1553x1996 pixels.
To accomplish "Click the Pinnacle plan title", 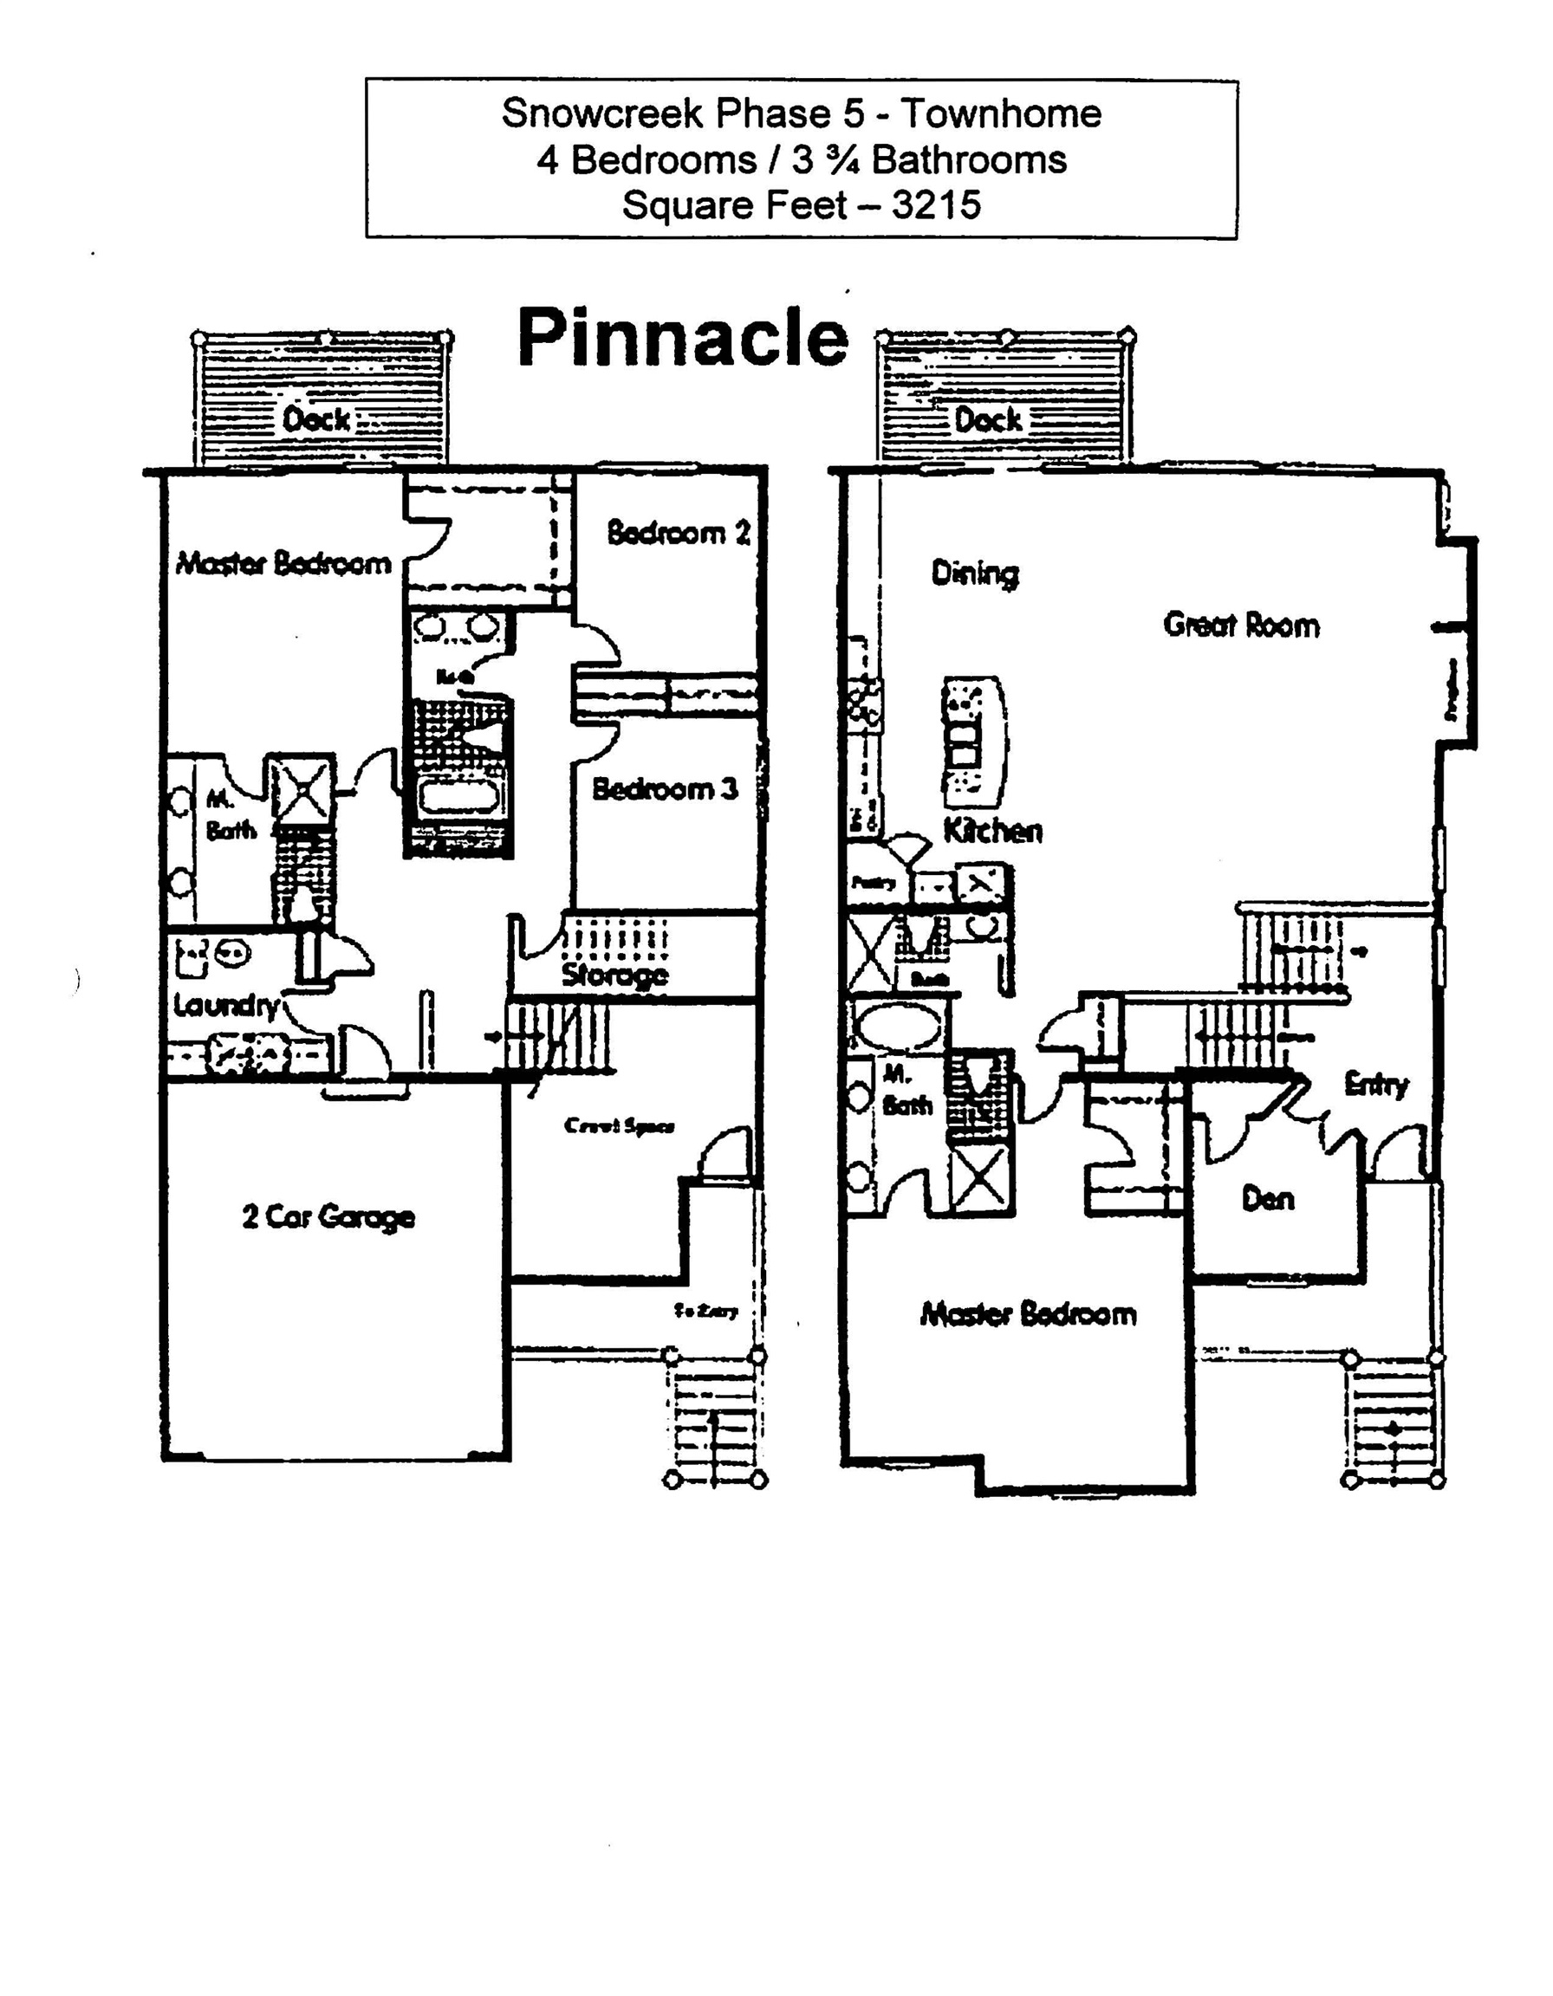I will click(x=683, y=337).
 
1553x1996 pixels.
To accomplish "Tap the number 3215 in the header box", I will click(x=936, y=204).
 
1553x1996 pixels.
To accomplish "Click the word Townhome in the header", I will click(x=1001, y=113).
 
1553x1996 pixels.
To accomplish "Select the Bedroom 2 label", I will click(x=679, y=532).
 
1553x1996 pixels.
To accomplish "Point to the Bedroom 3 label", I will click(x=665, y=788).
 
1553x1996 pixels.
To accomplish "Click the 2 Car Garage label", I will click(x=328, y=1217).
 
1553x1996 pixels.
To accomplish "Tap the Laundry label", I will click(x=226, y=1005).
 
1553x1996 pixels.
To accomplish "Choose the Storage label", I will click(x=614, y=975).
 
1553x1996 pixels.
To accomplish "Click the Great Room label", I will click(x=1241, y=625).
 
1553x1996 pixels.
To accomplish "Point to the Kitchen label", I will click(x=992, y=831).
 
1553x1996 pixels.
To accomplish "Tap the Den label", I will click(x=1268, y=1198).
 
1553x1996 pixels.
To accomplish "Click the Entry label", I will click(x=1375, y=1085).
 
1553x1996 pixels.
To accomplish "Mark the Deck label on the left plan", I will click(x=316, y=419).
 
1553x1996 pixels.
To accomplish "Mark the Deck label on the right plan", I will click(x=988, y=419).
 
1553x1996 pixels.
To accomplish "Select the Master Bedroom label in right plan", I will click(x=1029, y=1314).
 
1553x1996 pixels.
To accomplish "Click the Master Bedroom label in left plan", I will click(x=283, y=563).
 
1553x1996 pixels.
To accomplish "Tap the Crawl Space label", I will click(x=619, y=1126).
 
